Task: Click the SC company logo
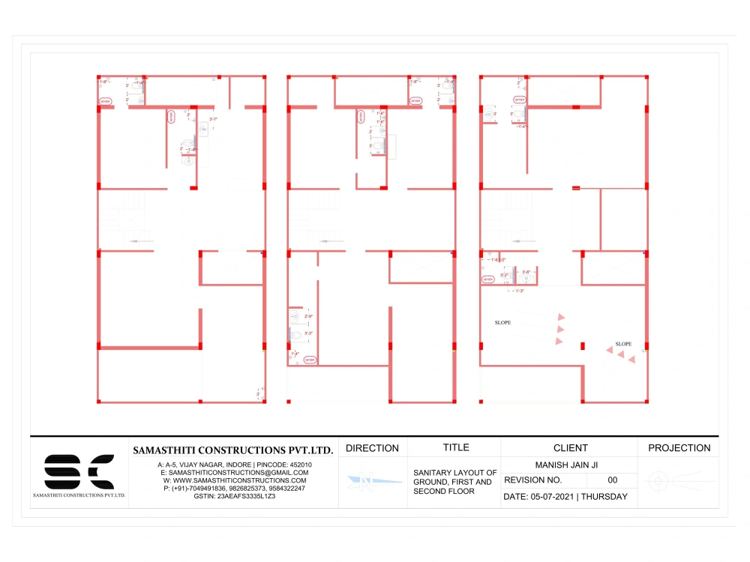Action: (x=79, y=471)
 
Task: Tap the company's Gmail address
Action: (x=233, y=473)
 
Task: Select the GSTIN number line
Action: (x=234, y=496)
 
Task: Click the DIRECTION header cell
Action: (x=372, y=448)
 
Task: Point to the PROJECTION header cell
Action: (x=679, y=448)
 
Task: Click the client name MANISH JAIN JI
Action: (x=570, y=465)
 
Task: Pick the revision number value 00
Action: (x=613, y=480)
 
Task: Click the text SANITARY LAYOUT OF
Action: (x=455, y=473)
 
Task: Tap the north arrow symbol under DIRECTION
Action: (x=372, y=480)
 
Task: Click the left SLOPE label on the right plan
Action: (x=502, y=323)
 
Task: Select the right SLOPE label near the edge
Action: (x=623, y=345)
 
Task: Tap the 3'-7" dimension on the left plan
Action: (x=213, y=119)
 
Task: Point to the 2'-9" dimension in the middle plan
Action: (x=308, y=317)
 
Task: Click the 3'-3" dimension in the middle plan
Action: (x=308, y=332)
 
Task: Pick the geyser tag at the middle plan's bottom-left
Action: (x=310, y=360)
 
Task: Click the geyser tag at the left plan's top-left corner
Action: (x=105, y=101)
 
